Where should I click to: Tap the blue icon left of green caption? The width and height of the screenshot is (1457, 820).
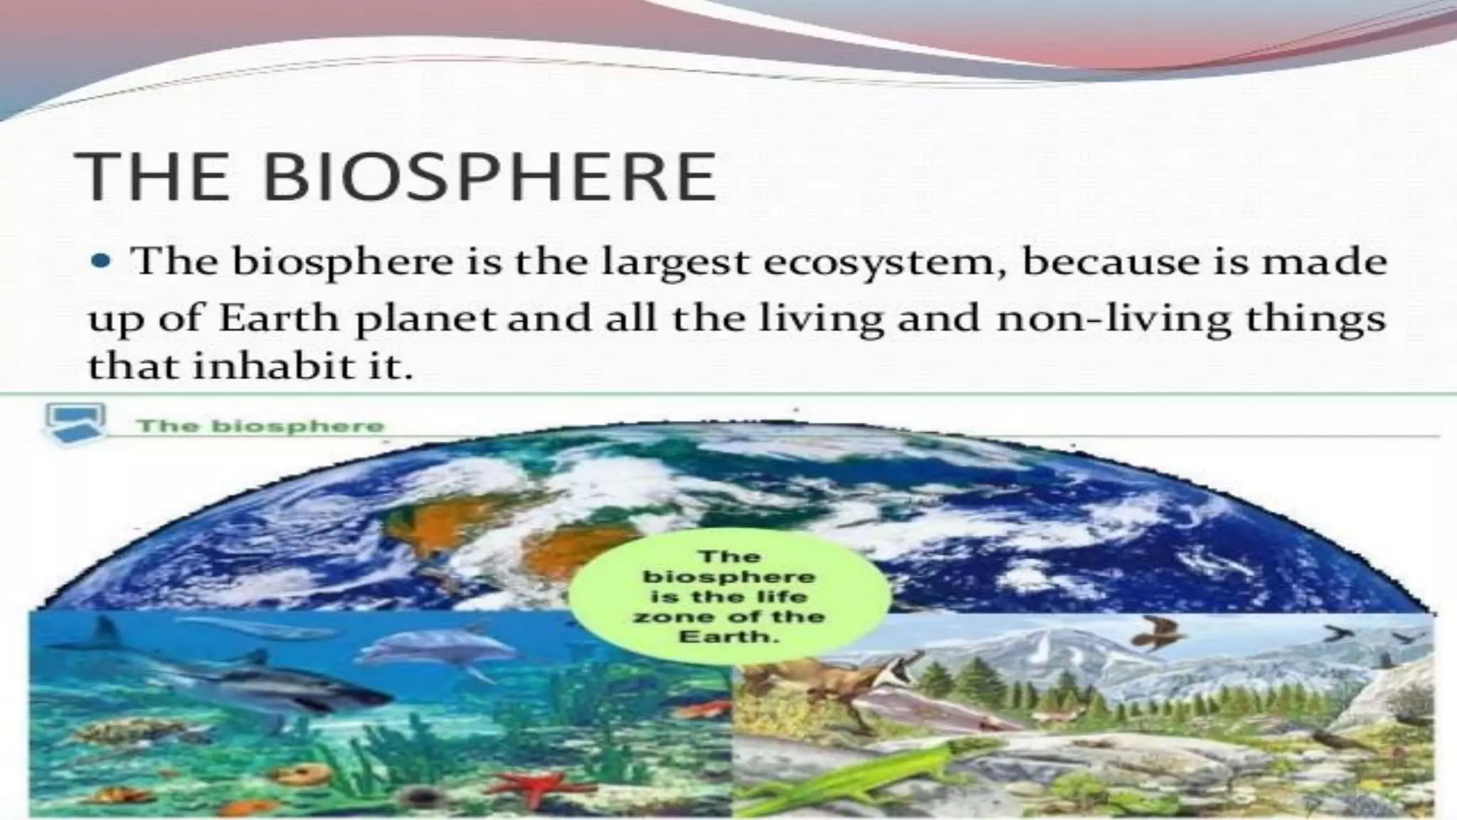(75, 424)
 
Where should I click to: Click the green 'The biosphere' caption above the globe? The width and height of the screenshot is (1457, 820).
(260, 426)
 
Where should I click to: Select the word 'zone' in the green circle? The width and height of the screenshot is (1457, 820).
(662, 616)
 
